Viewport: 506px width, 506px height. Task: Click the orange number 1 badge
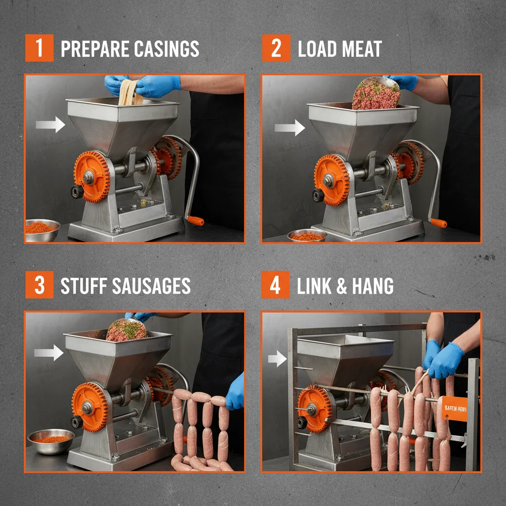pyautogui.click(x=39, y=49)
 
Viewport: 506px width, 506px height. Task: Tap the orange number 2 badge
pyautogui.click(x=276, y=49)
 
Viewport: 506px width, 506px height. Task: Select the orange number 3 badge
pyautogui.click(x=39, y=286)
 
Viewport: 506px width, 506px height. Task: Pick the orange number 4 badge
pyautogui.click(x=275, y=286)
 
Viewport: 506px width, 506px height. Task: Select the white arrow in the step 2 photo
pyautogui.click(x=290, y=128)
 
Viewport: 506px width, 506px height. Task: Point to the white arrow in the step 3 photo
pyautogui.click(x=49, y=352)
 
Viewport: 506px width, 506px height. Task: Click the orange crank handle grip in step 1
pyautogui.click(x=195, y=220)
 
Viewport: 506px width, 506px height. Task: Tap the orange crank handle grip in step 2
pyautogui.click(x=438, y=223)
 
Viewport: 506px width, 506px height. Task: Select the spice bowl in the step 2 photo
pyautogui.click(x=307, y=236)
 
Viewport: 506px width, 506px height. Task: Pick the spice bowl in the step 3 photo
pyautogui.click(x=51, y=440)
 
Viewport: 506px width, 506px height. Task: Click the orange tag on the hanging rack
pyautogui.click(x=454, y=409)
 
